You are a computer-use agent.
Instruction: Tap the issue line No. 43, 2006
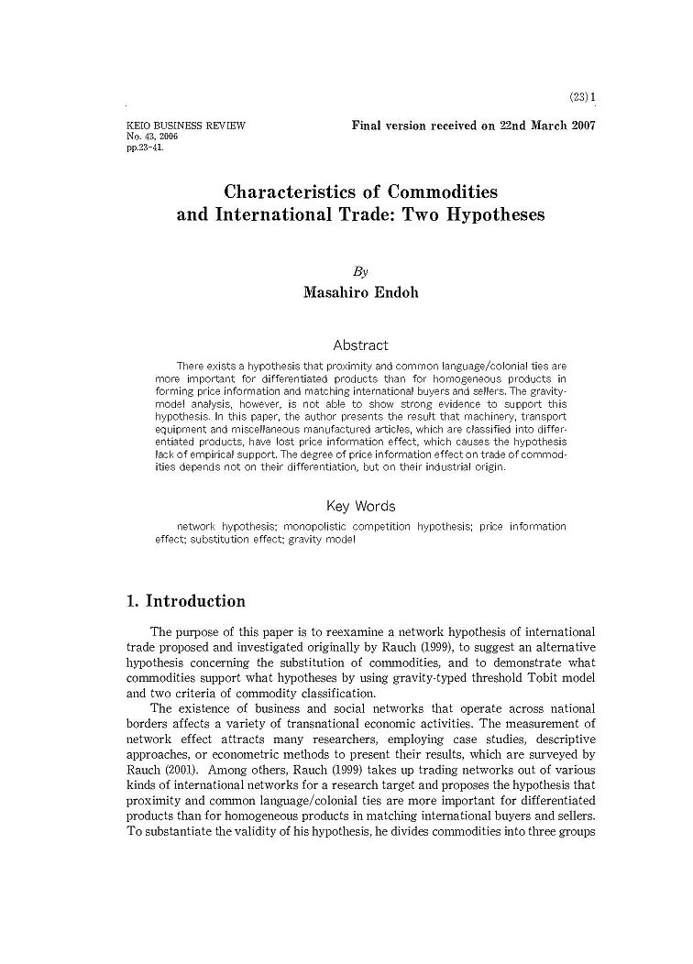coord(151,136)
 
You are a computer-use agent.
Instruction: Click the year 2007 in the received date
coord(577,125)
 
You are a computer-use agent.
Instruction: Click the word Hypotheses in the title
coord(494,215)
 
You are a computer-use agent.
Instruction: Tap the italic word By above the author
coord(360,271)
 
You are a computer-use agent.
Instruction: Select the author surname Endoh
coord(396,293)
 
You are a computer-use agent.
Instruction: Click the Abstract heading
coord(360,345)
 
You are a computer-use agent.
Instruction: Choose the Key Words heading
coord(360,506)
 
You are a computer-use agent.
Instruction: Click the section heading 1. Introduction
coord(185,602)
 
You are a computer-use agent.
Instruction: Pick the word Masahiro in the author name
coord(335,293)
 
